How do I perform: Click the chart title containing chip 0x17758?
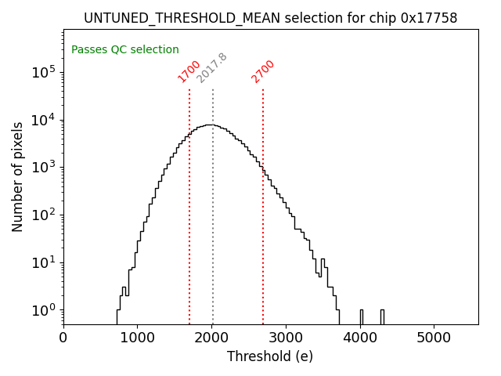270,17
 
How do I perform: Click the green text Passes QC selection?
125,49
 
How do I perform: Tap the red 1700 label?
189,71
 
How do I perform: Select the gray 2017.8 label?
211,68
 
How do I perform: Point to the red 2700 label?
263,71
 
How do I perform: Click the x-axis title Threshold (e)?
270,356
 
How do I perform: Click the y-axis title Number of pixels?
18,177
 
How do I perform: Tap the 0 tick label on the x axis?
63,338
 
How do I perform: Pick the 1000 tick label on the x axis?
138,338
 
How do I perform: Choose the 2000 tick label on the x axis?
211,338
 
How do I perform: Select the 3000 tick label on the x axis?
286,338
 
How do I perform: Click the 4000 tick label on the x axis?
360,338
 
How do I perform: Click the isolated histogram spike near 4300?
382,316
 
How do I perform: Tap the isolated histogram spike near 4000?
361,316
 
